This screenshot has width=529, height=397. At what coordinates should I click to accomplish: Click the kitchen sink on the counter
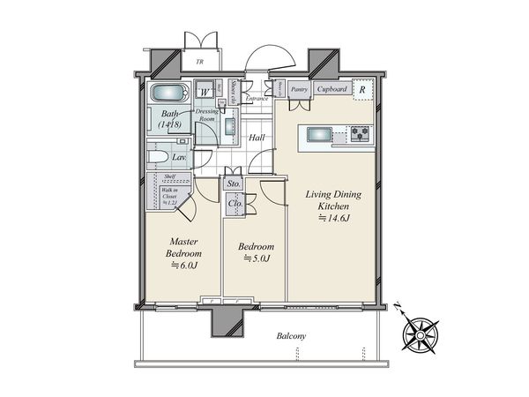tap(317, 135)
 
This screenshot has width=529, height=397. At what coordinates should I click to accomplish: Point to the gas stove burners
tap(361, 135)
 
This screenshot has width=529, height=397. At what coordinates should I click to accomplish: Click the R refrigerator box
tap(363, 88)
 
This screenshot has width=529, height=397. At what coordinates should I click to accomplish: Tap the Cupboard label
tap(332, 89)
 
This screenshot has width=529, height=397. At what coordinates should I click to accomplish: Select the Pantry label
tap(299, 89)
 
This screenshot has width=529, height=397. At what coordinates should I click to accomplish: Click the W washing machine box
tap(205, 91)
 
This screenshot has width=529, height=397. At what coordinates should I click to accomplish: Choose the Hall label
tap(257, 138)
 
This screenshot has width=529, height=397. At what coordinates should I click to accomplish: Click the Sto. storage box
tap(234, 184)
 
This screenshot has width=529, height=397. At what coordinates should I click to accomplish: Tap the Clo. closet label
tap(235, 203)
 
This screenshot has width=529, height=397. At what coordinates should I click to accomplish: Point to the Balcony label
tap(290, 336)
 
